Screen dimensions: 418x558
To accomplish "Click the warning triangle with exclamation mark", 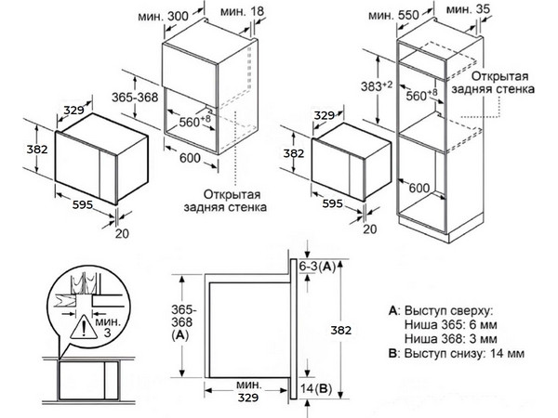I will coord(86,325).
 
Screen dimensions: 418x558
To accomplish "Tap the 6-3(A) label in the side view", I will coord(321,267).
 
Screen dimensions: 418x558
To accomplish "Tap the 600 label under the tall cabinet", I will coord(419,189).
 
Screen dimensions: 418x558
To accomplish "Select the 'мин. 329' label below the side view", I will coord(247,391).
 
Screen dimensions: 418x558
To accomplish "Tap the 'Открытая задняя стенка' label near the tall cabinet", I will coord(502,83).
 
